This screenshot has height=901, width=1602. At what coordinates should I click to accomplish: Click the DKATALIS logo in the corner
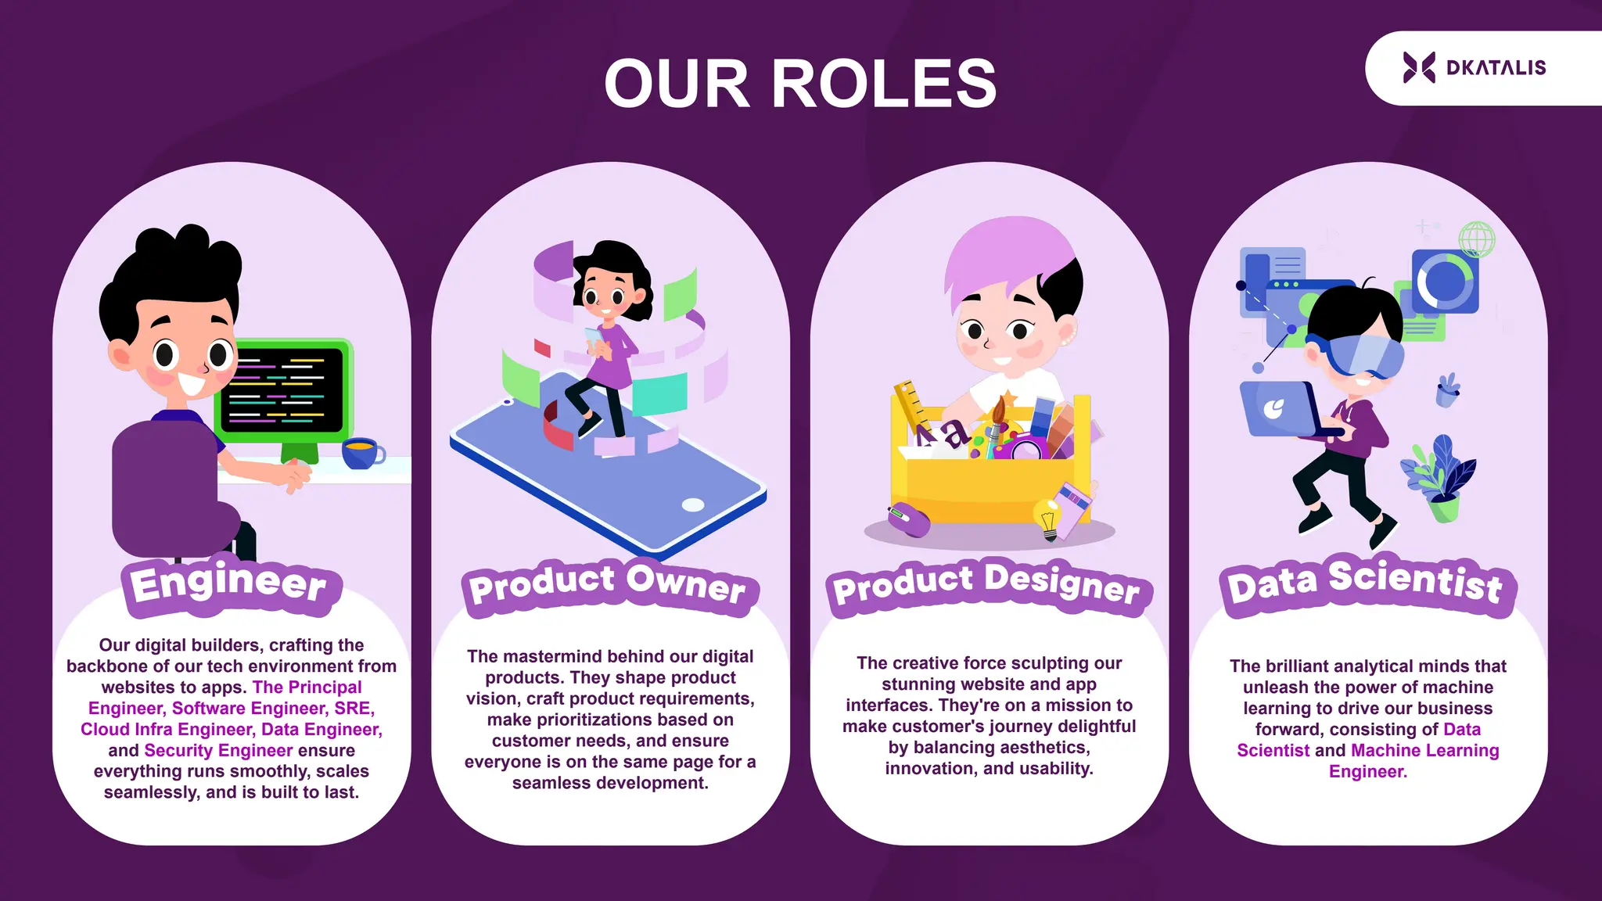(x=1474, y=68)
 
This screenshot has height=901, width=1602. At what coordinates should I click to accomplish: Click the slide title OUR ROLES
(x=800, y=84)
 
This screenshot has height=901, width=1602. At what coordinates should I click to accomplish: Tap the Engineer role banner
(x=229, y=584)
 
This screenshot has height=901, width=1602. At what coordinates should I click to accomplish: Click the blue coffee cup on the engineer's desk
(x=361, y=453)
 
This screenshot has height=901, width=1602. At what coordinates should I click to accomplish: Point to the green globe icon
(x=1476, y=239)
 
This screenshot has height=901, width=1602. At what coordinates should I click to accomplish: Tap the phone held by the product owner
(x=595, y=337)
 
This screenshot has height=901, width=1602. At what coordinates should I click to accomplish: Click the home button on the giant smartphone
(x=693, y=504)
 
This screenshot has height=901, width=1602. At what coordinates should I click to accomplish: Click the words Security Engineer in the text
(x=218, y=750)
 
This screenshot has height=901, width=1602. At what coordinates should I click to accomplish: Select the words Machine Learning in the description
(x=1424, y=750)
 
